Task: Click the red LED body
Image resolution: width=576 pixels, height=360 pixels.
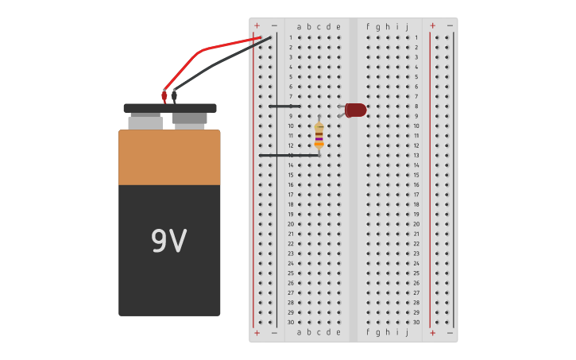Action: click(x=356, y=110)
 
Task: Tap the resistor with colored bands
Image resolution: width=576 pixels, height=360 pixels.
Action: click(x=319, y=135)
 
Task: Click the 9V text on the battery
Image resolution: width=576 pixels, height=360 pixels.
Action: click(x=169, y=242)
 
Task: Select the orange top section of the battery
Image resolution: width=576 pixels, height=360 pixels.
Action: click(x=169, y=157)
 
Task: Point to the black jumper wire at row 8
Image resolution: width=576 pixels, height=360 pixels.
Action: click(x=284, y=106)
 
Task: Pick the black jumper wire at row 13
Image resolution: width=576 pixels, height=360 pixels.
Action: click(x=288, y=155)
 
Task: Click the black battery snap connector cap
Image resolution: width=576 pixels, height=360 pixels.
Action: click(x=169, y=108)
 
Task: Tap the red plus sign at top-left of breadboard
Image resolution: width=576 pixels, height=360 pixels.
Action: click(x=257, y=26)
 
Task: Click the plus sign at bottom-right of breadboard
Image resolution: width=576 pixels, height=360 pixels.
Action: click(x=432, y=332)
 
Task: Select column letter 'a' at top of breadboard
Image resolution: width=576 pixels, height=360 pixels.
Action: click(x=300, y=26)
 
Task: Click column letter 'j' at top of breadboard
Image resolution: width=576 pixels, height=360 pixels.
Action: click(x=407, y=26)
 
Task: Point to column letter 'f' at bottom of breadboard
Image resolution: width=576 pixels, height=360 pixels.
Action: click(x=368, y=332)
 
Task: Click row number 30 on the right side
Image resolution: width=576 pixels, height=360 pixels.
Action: click(x=416, y=322)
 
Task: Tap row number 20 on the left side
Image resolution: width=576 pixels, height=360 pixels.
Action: click(x=291, y=224)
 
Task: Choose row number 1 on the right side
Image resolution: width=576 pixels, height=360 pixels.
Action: click(x=416, y=37)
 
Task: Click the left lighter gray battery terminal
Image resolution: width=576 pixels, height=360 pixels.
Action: click(x=145, y=122)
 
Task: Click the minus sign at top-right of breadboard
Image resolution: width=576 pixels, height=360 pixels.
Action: click(x=450, y=26)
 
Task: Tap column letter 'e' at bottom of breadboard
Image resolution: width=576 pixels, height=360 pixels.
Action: click(x=338, y=332)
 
